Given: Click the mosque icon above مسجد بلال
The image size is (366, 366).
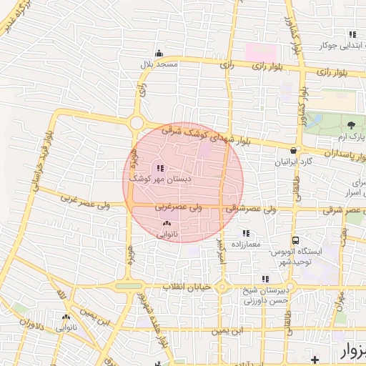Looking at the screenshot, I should coord(159,53).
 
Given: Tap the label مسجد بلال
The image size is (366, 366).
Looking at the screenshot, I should coord(159,64).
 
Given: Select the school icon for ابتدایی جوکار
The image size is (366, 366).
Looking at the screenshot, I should coord(351,34).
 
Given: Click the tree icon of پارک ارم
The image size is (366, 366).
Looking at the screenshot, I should coord(350,126).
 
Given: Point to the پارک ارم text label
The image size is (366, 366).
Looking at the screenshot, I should coord(351,137).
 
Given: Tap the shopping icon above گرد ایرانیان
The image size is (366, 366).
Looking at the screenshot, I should coord(295,150).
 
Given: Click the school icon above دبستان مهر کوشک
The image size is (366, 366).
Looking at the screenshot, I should coord(158,169).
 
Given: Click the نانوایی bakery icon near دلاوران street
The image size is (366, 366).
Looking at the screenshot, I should coord(66,317).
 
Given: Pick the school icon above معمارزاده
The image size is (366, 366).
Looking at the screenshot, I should coord(246,233).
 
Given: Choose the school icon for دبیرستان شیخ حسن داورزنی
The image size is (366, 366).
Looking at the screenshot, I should coord(264,280).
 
